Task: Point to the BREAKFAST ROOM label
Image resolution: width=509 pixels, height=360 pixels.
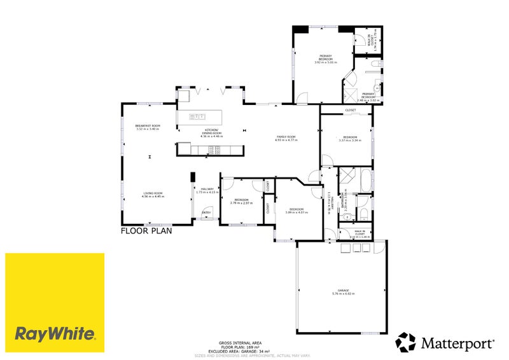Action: pos(148,127)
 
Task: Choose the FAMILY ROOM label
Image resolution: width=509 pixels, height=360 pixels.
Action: pos(286,138)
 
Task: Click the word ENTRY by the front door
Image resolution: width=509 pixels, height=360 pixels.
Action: pos(206,212)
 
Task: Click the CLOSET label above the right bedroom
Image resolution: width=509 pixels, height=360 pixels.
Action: pos(351,111)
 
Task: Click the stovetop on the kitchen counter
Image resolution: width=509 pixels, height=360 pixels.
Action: pos(214,150)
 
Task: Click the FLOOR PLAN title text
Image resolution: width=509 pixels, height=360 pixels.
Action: pos(146,232)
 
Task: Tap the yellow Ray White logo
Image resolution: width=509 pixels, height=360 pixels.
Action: pos(55,303)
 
